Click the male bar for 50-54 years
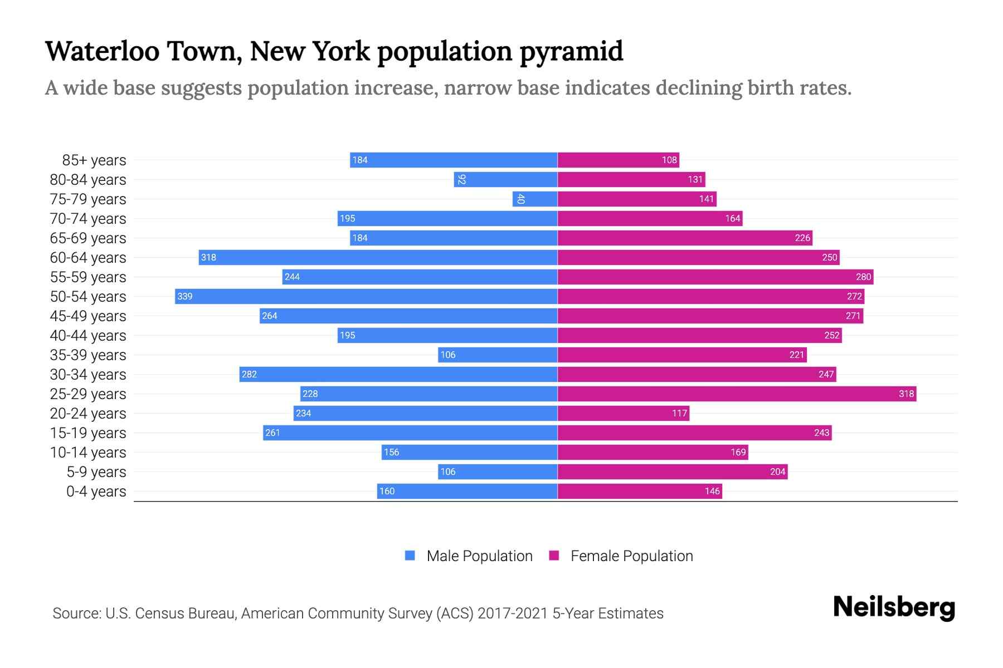[366, 296]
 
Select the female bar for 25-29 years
[737, 394]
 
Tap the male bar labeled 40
[535, 199]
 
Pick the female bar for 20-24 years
[623, 413]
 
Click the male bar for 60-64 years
[378, 257]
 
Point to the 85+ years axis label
[94, 160]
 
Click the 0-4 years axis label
[96, 492]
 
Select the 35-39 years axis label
[88, 355]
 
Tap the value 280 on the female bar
[863, 277]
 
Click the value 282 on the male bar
[249, 374]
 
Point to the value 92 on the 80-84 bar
[461, 179]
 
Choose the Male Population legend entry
[479, 556]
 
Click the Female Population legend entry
[631, 556]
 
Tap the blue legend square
[410, 556]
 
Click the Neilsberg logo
[894, 607]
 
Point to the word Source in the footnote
[76, 613]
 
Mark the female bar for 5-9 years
[673, 471]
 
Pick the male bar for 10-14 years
[469, 452]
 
